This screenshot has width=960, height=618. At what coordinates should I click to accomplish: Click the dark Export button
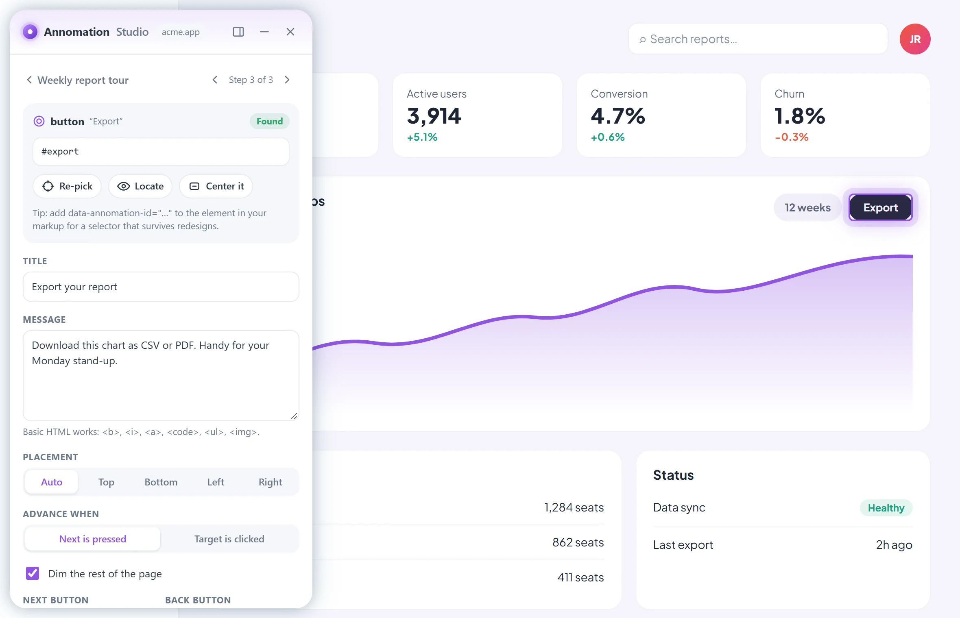tap(881, 207)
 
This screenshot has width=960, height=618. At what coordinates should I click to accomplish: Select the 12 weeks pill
tap(807, 207)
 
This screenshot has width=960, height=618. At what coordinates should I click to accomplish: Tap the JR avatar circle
tap(915, 39)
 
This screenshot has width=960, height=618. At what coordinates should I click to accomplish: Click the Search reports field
tap(758, 39)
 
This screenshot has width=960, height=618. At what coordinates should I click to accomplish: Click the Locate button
tap(140, 186)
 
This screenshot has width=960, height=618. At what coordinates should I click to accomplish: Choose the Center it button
tap(216, 186)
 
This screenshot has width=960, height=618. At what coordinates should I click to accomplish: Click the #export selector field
tap(161, 152)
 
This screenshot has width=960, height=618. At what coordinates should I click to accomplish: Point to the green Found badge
tap(269, 121)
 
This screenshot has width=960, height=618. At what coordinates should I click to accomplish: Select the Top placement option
tap(106, 482)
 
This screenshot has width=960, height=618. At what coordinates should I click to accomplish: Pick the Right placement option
tap(270, 482)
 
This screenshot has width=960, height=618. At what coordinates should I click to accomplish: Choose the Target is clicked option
tap(229, 539)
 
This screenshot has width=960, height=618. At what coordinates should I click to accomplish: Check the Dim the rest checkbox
tap(33, 573)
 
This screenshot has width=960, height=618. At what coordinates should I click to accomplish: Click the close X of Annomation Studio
tap(290, 32)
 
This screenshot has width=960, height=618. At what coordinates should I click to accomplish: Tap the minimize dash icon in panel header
tap(264, 32)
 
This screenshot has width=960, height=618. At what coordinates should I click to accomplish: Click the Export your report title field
tap(161, 287)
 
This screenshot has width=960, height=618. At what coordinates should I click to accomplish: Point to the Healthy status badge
tap(886, 508)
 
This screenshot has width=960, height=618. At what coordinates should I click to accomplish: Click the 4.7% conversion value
tap(618, 116)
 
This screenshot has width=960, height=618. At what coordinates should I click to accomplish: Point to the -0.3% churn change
tap(791, 137)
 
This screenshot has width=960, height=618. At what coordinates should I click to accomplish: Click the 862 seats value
tap(578, 542)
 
